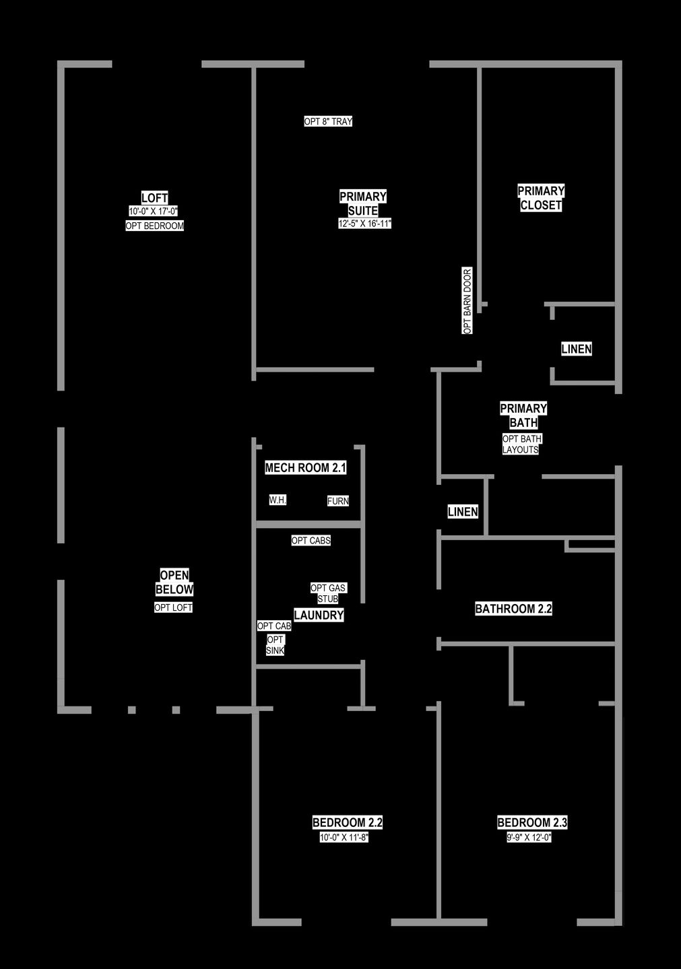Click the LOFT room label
click(154, 198)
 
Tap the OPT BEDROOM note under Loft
click(154, 226)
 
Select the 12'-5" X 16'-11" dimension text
click(364, 224)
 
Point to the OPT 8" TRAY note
click(329, 122)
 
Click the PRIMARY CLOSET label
click(541, 198)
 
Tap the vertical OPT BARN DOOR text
click(467, 300)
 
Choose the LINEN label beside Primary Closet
click(577, 349)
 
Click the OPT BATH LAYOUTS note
click(522, 444)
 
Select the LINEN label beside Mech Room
click(463, 512)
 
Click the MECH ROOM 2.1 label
click(305, 467)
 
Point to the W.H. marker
click(278, 500)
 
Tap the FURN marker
click(338, 501)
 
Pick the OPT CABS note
click(311, 540)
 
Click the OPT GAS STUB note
click(329, 593)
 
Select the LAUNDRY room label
click(319, 615)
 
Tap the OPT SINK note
click(275, 644)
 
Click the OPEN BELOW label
click(174, 582)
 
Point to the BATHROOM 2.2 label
click(513, 609)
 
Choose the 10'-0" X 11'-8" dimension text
click(344, 838)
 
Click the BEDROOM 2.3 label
click(532, 822)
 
